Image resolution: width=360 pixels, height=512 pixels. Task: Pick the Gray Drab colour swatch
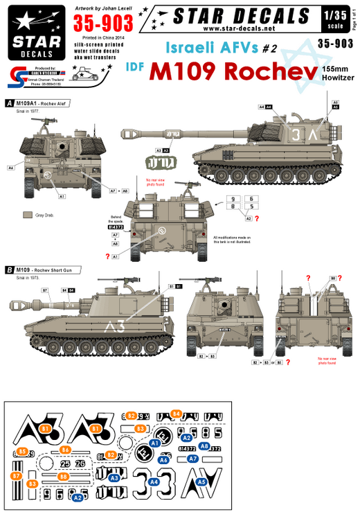pyautogui.click(x=28, y=215)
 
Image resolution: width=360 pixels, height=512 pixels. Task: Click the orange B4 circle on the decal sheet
pyautogui.click(x=176, y=414)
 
